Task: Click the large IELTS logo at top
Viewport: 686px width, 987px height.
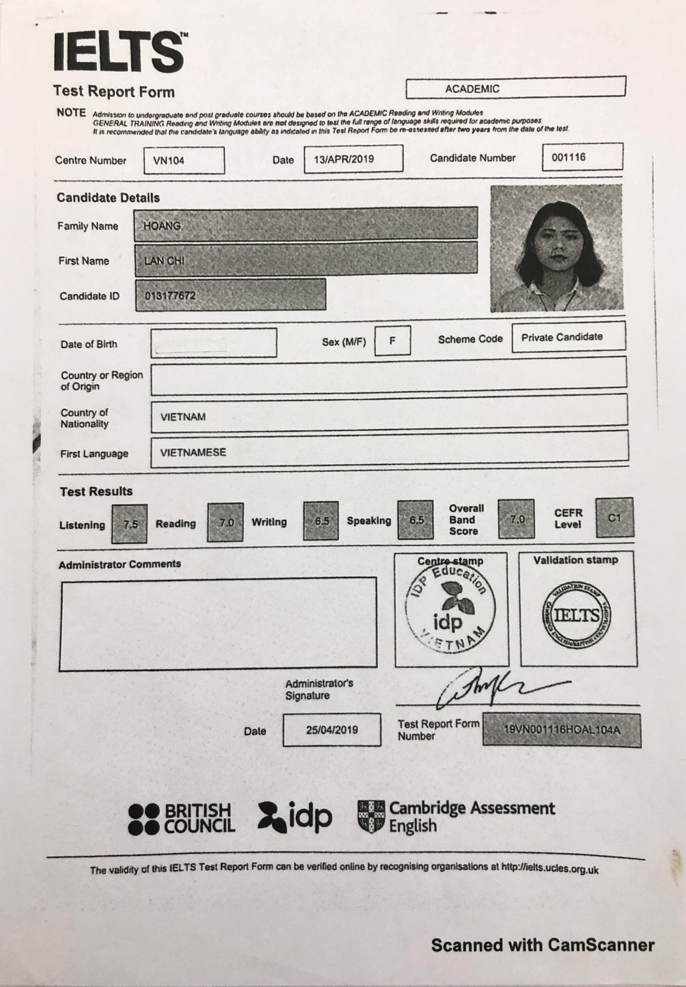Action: [x=119, y=52]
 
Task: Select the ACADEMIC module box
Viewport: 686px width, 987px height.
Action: [x=515, y=88]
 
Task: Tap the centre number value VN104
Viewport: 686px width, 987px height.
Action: [x=169, y=161]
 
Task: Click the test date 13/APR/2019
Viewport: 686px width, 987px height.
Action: [x=344, y=159]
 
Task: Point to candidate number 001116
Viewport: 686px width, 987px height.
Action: [x=569, y=157]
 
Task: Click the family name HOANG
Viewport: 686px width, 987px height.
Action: [x=162, y=226]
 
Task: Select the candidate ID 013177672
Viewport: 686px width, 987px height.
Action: [x=170, y=296]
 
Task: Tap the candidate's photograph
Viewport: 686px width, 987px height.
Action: [x=556, y=248]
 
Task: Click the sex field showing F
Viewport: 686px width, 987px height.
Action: [x=392, y=341]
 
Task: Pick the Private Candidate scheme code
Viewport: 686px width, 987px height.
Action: [x=562, y=337]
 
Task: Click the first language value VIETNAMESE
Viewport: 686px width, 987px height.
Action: [x=193, y=452]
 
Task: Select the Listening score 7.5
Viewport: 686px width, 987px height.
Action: [x=130, y=524]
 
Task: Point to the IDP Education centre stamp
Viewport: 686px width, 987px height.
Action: [x=450, y=608]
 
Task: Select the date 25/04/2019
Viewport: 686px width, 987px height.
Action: [x=332, y=729]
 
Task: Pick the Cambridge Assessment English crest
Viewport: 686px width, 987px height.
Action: [x=371, y=816]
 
